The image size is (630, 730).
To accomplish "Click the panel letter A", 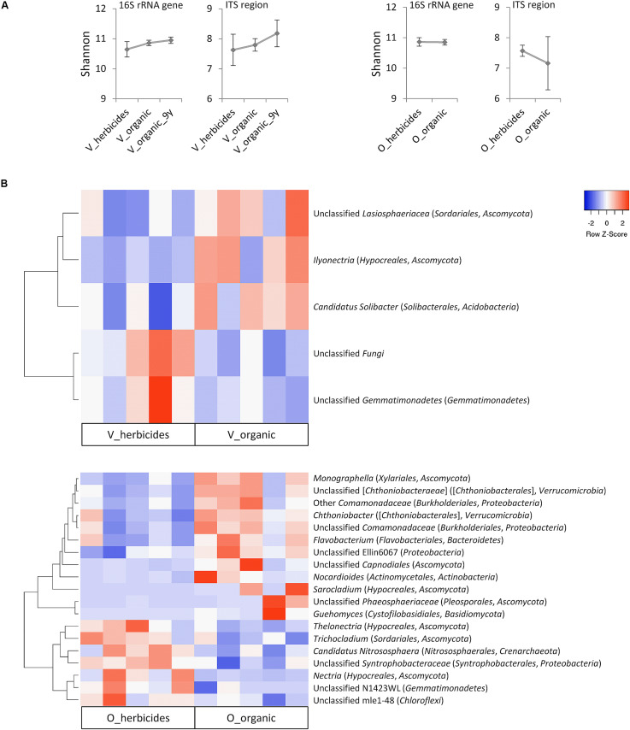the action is click(x=4, y=6).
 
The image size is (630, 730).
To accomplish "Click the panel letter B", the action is click(x=4, y=184).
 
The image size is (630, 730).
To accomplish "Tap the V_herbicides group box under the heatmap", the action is click(x=138, y=434).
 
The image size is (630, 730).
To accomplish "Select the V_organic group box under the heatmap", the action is click(x=251, y=434).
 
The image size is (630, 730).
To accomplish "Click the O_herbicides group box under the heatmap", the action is click(x=138, y=717).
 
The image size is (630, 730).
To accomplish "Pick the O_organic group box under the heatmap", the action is click(x=251, y=717).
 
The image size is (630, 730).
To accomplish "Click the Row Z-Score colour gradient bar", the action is click(x=606, y=200).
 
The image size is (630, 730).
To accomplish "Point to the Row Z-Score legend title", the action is click(x=606, y=234).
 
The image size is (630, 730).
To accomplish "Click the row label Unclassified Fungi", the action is click(x=349, y=353).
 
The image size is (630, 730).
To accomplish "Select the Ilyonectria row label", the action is click(x=387, y=260).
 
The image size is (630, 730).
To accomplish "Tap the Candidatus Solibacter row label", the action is click(x=415, y=307).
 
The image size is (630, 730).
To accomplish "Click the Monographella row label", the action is click(x=392, y=478).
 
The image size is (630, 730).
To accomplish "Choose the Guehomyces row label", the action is click(x=409, y=614).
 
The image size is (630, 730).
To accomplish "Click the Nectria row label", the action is click(x=381, y=675).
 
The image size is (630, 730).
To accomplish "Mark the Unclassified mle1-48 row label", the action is click(x=378, y=700).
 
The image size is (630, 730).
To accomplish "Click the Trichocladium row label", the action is click(x=392, y=639).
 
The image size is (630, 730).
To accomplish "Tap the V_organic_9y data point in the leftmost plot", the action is click(x=171, y=40).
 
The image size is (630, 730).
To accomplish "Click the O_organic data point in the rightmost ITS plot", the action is click(x=548, y=63).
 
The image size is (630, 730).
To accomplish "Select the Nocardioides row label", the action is click(x=405, y=577).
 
